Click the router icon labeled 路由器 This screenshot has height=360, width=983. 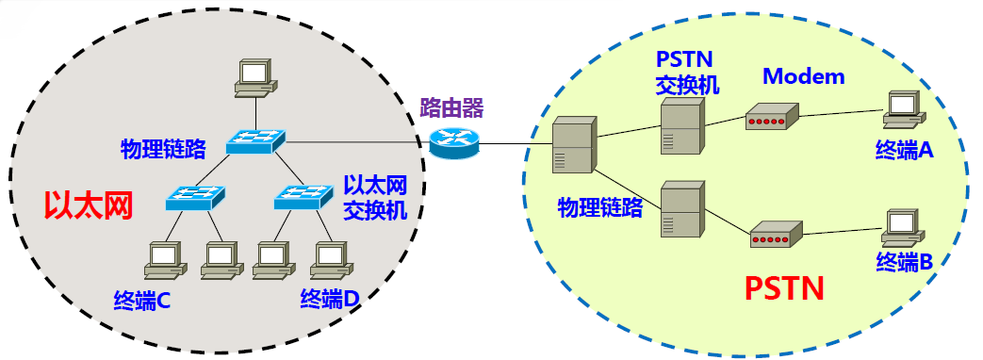tap(454, 141)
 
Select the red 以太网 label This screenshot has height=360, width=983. tap(88, 204)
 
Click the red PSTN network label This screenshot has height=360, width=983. tap(785, 286)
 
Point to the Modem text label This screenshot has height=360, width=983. tap(803, 76)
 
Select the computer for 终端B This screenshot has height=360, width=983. tap(901, 227)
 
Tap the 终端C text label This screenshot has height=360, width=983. tap(140, 300)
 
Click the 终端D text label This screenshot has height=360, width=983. tap(330, 300)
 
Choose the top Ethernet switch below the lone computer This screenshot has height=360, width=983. tap(254, 141)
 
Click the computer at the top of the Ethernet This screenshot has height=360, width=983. tap(255, 77)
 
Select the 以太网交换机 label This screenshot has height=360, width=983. tap(375, 196)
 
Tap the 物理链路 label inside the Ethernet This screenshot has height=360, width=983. tap(163, 148)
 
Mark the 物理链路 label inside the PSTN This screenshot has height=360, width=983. tap(600, 206)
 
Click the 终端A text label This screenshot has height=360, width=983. tap(904, 150)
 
